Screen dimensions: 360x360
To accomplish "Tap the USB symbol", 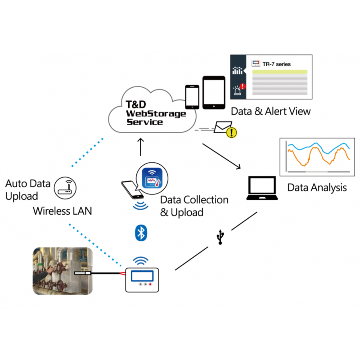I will click(220, 237).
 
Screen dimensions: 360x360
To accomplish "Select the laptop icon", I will click(263, 189).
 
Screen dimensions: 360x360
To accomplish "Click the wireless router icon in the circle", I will click(65, 187).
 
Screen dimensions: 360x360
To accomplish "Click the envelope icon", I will click(222, 128).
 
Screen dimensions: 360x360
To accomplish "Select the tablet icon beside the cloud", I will click(213, 92).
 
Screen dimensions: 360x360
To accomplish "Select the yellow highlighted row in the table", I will click(279, 72).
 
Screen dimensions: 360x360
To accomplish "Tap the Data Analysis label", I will click(317, 187).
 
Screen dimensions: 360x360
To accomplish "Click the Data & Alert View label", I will click(271, 111).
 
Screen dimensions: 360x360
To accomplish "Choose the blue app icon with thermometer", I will click(153, 178).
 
